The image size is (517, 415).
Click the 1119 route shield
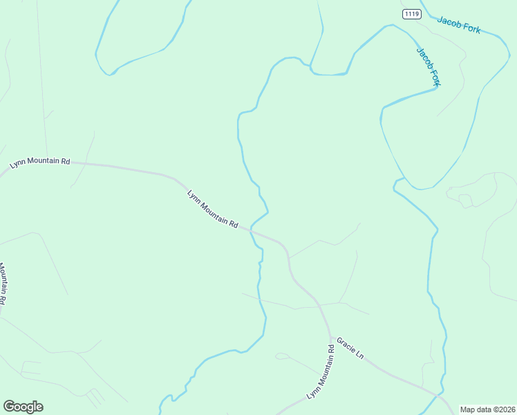click(411, 14)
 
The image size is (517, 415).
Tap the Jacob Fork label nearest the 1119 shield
click(458, 24)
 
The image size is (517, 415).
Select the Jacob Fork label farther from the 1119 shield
click(429, 66)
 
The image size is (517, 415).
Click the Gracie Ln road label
click(350, 348)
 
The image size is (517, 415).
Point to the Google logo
click(23, 407)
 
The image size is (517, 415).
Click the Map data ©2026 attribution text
click(487, 409)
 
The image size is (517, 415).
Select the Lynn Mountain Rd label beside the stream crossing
click(213, 210)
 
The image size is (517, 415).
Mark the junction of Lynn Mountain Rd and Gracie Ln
click(331, 338)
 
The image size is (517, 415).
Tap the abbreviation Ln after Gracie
click(359, 355)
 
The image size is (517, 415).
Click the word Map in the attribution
click(467, 409)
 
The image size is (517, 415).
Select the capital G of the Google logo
click(9, 407)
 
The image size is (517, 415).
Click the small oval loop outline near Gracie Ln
click(281, 356)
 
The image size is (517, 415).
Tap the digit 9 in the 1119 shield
click(417, 14)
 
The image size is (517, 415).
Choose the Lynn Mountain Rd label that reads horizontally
click(40, 163)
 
